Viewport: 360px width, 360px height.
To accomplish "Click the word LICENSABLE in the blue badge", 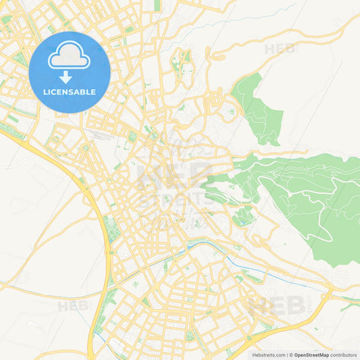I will pyautogui.click(x=70, y=91).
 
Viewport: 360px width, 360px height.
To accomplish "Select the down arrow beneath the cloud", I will pyautogui.click(x=66, y=76).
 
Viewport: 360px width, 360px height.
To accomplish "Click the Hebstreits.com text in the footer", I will pyautogui.click(x=267, y=354).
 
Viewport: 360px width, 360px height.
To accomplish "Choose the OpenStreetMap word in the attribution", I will pyautogui.click(x=311, y=354).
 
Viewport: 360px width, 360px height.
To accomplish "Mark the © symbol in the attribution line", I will pyautogui.click(x=290, y=354).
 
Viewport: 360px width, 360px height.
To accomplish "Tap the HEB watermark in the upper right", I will pyautogui.click(x=280, y=49).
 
